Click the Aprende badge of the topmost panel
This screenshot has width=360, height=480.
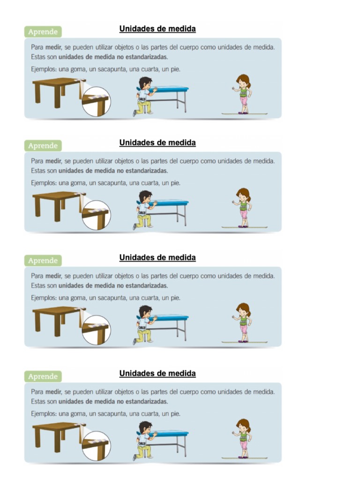(43, 31)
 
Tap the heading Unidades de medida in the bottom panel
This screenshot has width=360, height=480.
(157, 373)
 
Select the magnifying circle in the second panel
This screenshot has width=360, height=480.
(97, 215)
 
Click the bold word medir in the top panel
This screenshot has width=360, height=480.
(53, 47)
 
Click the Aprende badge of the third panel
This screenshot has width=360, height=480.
(43, 261)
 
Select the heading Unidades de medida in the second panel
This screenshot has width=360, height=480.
(157, 142)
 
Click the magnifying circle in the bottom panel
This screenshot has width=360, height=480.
(97, 446)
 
